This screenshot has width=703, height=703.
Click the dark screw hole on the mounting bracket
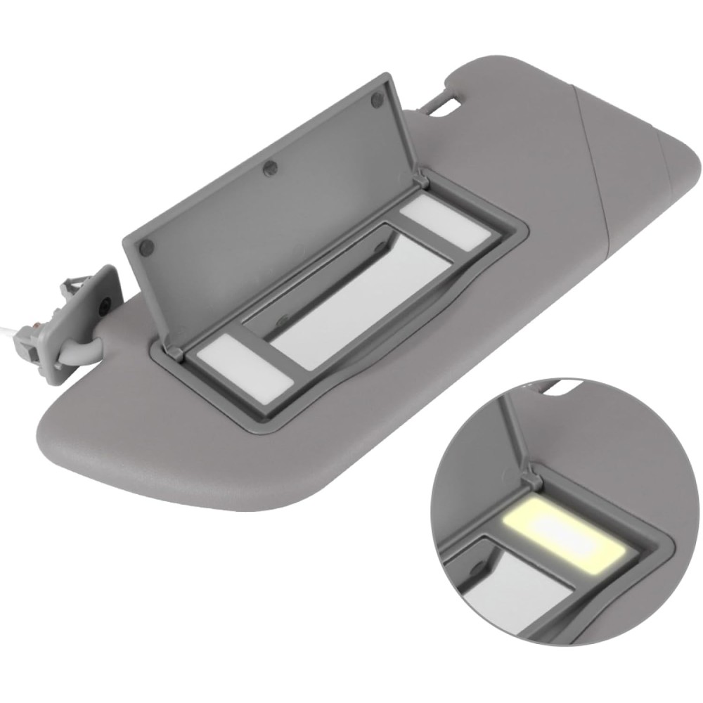click(104, 304)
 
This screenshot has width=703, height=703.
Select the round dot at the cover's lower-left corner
click(146, 247)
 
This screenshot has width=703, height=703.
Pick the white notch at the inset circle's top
click(562, 385)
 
